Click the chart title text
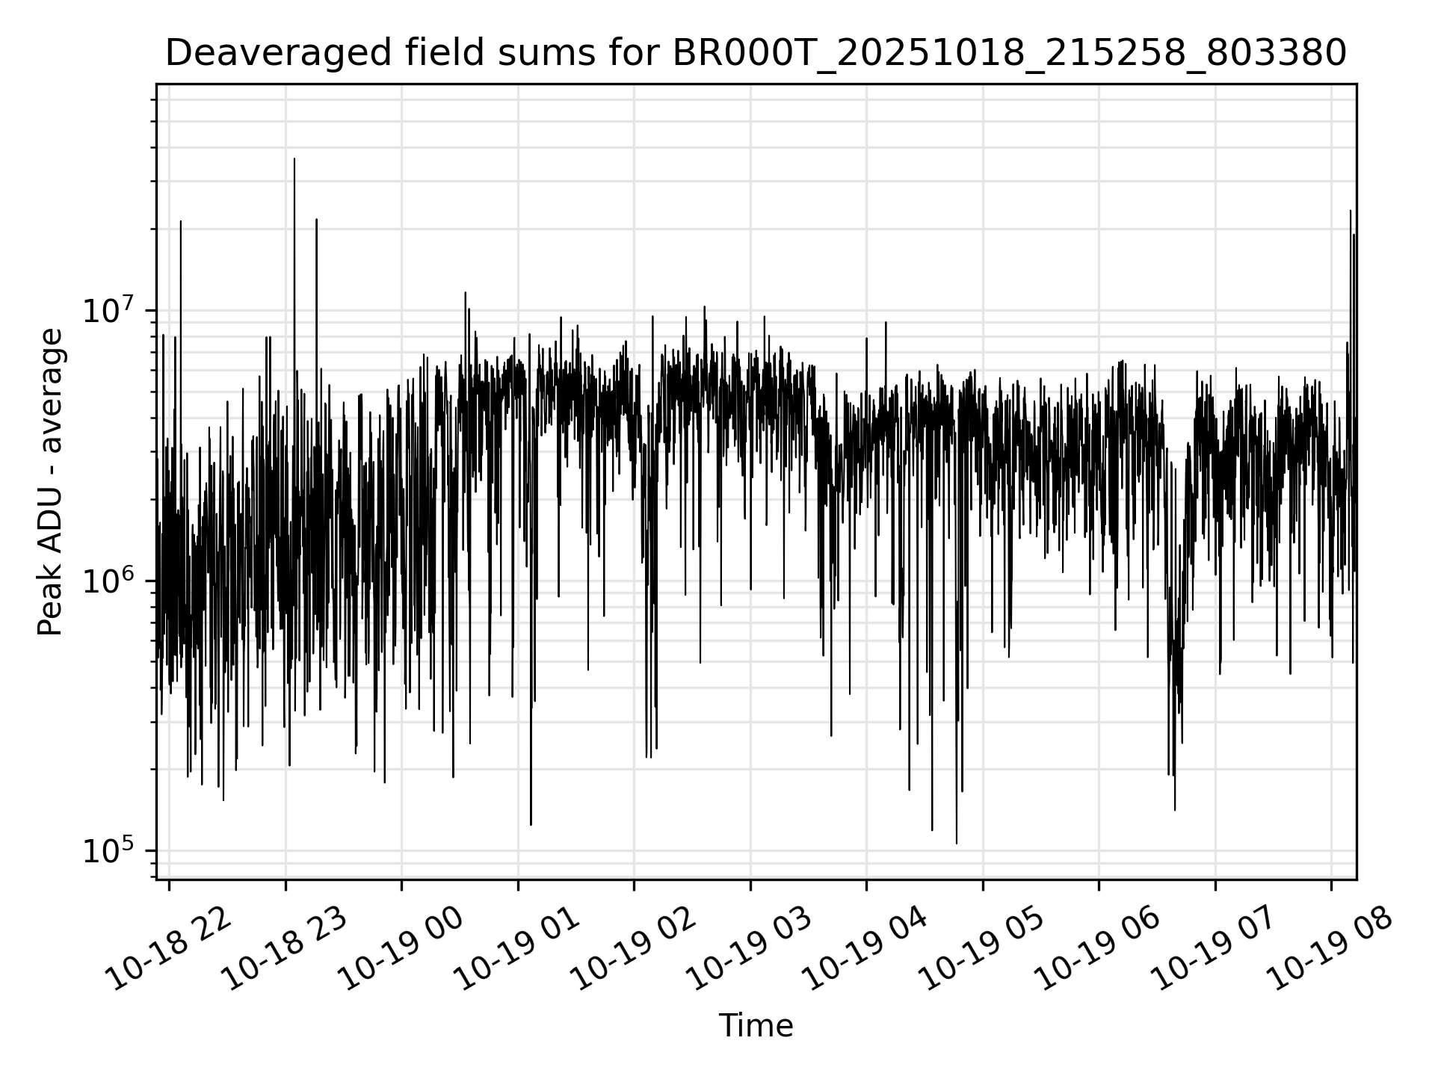pos(756,53)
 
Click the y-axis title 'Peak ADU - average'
pos(51,482)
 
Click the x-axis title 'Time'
pos(756,1026)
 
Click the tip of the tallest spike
pos(294,159)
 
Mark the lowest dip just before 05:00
pos(957,843)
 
